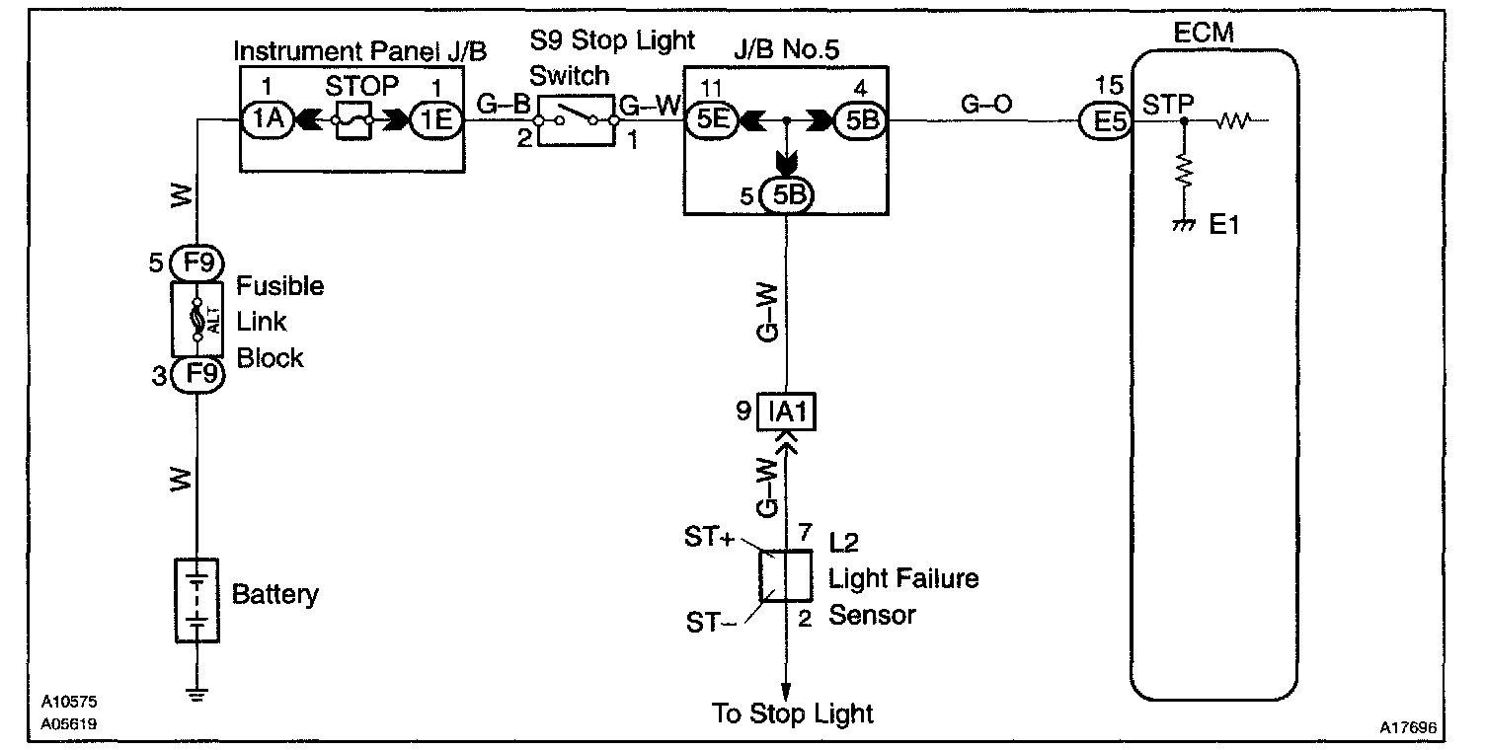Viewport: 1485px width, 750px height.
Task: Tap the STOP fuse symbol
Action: click(351, 120)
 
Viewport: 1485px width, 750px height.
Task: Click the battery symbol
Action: click(197, 600)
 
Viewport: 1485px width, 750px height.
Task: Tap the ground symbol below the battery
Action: click(197, 694)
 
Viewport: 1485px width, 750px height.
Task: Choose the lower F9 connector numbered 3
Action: click(197, 374)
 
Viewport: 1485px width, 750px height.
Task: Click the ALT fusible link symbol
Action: click(197, 320)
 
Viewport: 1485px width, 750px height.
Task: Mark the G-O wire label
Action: click(986, 104)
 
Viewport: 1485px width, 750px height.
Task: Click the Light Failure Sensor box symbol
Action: click(786, 576)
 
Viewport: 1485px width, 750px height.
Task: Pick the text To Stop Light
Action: click(793, 713)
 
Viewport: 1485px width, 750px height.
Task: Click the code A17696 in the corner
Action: click(1409, 727)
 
